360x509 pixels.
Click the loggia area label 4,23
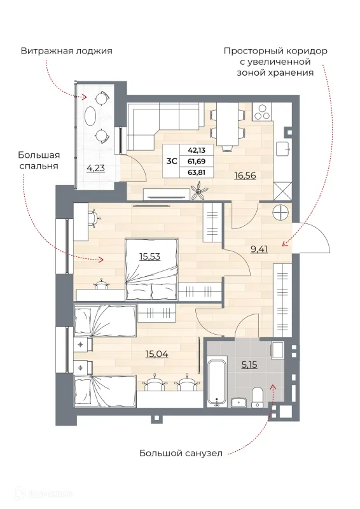click(x=95, y=168)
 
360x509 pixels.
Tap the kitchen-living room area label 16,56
click(x=245, y=176)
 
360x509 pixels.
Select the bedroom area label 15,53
click(x=149, y=256)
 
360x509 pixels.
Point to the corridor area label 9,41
click(x=259, y=249)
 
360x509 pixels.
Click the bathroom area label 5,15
click(x=249, y=365)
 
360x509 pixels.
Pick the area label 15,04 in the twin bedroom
click(x=157, y=354)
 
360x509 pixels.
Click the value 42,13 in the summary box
click(x=197, y=150)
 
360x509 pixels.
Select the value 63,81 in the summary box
click(x=197, y=172)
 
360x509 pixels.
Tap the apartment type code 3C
click(x=171, y=161)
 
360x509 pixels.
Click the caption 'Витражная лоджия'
click(x=67, y=52)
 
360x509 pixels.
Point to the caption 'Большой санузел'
click(x=181, y=453)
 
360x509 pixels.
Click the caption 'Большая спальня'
click(x=39, y=160)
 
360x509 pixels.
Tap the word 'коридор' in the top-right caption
click(x=307, y=51)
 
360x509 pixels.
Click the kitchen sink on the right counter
click(x=283, y=150)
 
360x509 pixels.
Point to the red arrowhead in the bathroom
click(x=273, y=387)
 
